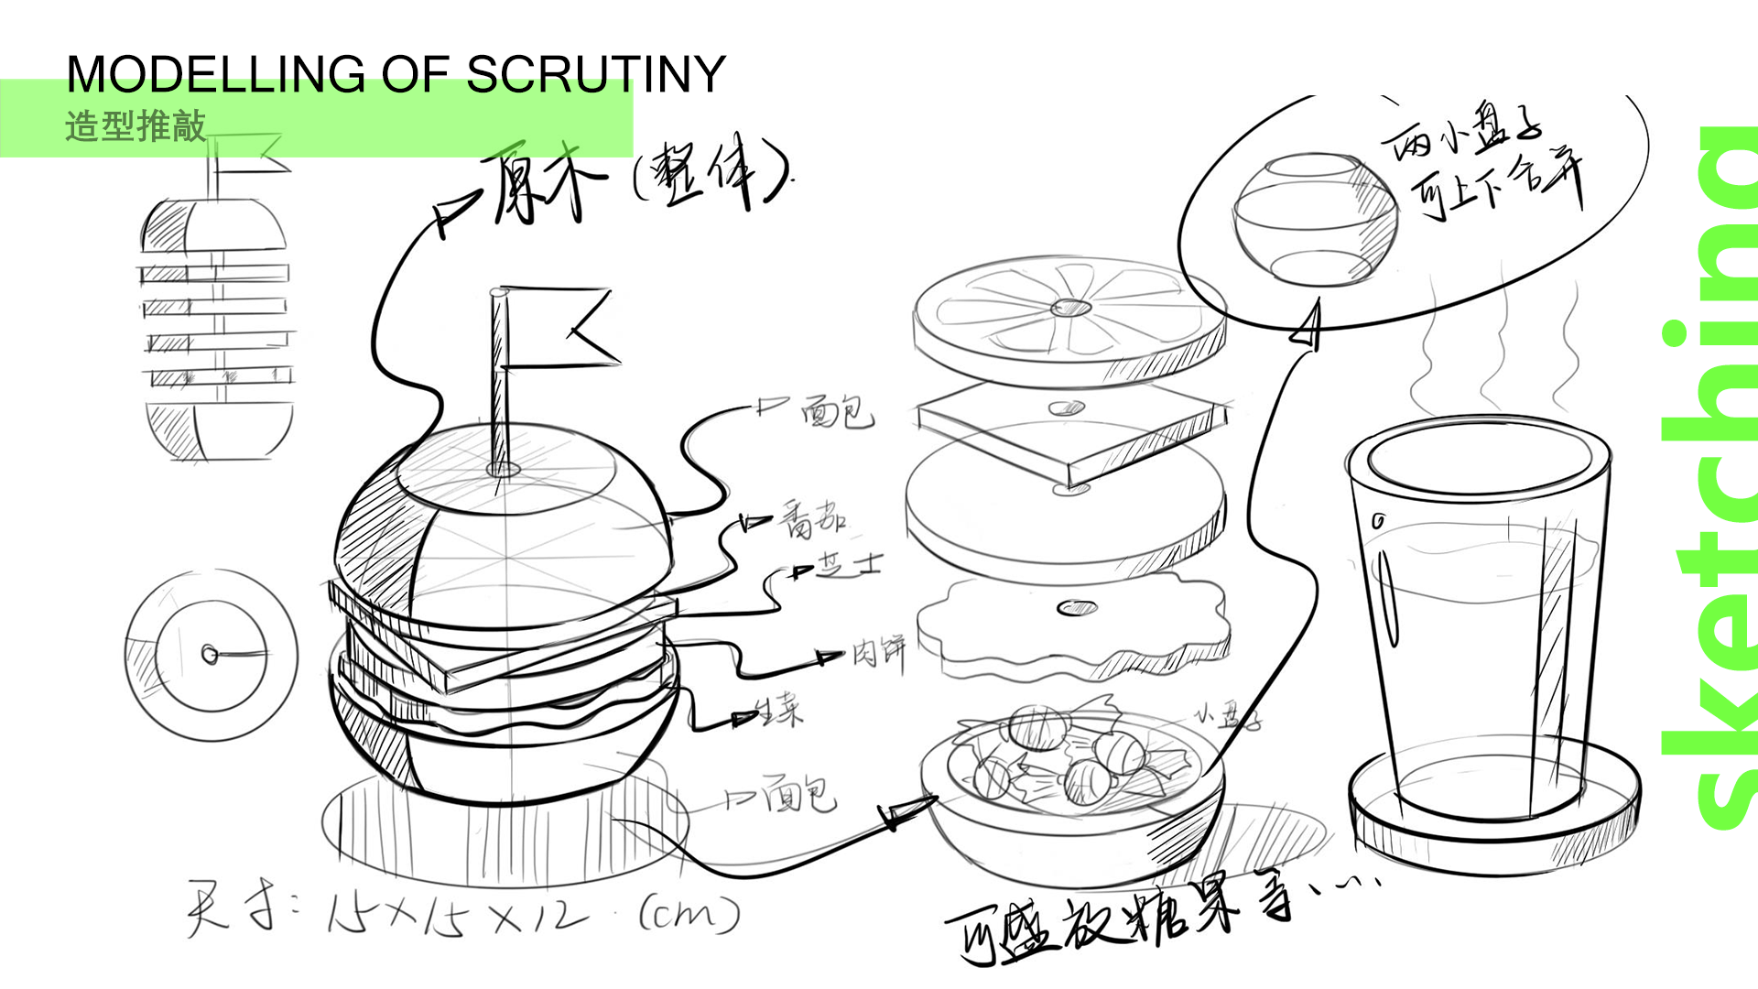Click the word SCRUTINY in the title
tap(596, 74)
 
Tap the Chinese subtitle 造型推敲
tap(136, 126)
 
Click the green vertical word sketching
tap(1709, 476)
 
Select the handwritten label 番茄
tap(812, 519)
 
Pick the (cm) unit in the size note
tap(689, 912)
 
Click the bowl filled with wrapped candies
tap(1071, 788)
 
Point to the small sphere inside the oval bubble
tap(1315, 218)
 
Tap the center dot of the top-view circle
tap(210, 655)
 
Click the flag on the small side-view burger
tap(247, 151)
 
